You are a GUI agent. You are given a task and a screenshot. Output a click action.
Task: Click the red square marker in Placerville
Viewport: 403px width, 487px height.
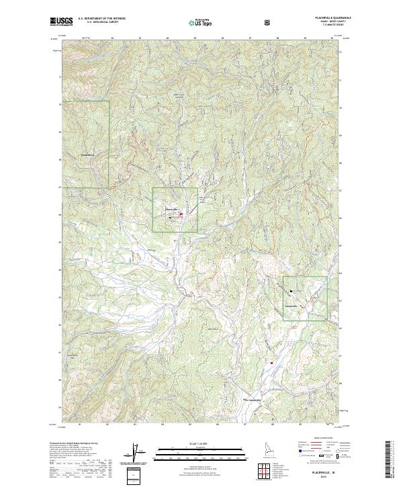pos(181,214)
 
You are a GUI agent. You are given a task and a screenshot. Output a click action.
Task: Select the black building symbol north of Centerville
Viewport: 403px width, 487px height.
pos(291,291)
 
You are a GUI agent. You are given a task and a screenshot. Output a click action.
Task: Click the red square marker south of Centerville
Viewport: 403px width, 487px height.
pos(271,363)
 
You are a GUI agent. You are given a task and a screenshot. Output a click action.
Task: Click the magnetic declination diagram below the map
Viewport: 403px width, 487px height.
pos(136,455)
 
